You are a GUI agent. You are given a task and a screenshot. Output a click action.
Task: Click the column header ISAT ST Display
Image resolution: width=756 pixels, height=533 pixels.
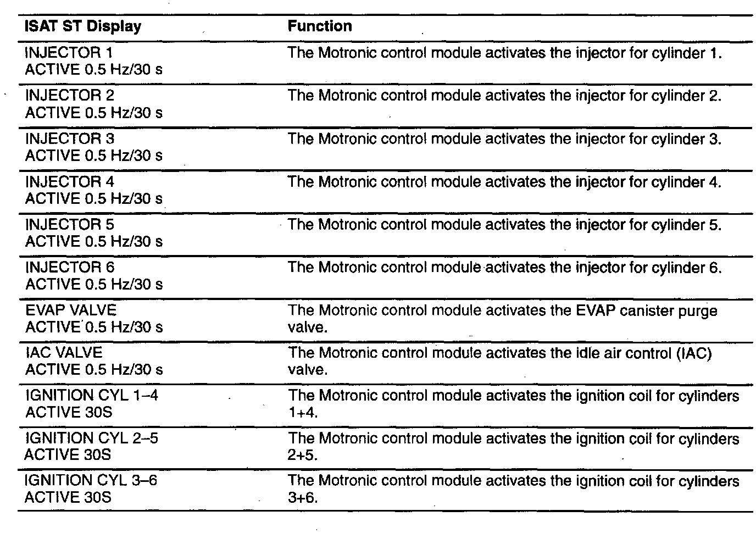pos(83,26)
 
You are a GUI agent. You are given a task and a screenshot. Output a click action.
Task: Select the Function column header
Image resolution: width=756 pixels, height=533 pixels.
pos(320,26)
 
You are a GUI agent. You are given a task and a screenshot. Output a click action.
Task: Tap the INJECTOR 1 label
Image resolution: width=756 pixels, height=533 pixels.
pos(69,53)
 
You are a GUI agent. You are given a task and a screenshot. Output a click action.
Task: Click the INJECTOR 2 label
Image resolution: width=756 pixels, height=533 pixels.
pos(70,96)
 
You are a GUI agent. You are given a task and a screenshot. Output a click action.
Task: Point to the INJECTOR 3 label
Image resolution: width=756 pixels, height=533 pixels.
pos(70,138)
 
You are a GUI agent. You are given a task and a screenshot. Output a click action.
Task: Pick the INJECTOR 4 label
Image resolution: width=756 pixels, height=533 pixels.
pos(70,181)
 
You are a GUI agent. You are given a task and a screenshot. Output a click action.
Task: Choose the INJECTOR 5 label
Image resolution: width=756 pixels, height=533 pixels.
pos(70,224)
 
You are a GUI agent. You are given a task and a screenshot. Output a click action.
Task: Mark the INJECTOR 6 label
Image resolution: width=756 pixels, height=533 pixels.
pos(70,267)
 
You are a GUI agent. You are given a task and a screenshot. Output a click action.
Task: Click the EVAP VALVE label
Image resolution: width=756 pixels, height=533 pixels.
pos(71,310)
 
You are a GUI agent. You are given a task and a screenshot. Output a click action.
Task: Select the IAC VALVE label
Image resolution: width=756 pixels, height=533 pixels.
pos(64,352)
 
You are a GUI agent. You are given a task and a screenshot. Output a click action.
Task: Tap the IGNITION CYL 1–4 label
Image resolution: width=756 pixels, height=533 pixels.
pos(92,395)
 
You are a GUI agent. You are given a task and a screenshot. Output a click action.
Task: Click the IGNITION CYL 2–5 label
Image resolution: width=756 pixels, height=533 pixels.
pos(92,438)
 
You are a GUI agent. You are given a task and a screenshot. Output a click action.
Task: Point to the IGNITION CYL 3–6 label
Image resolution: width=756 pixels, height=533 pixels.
pos(91,480)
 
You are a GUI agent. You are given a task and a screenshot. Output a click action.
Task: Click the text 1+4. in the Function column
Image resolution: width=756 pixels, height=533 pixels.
pos(303,412)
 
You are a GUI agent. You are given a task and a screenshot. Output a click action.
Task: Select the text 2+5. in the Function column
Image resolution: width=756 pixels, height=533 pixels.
pos(303,455)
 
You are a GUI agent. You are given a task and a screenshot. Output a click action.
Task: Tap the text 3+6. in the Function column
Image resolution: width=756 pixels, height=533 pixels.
pos(303,498)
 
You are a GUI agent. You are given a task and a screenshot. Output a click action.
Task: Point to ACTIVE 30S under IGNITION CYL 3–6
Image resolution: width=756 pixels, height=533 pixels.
pos(68,497)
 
